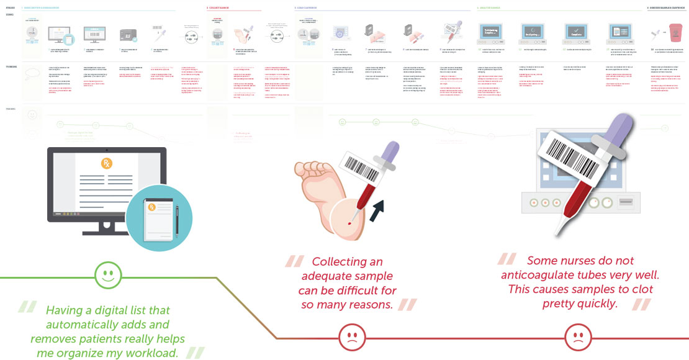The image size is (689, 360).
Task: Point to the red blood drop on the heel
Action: (351, 220)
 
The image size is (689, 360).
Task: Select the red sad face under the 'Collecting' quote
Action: (351, 338)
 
